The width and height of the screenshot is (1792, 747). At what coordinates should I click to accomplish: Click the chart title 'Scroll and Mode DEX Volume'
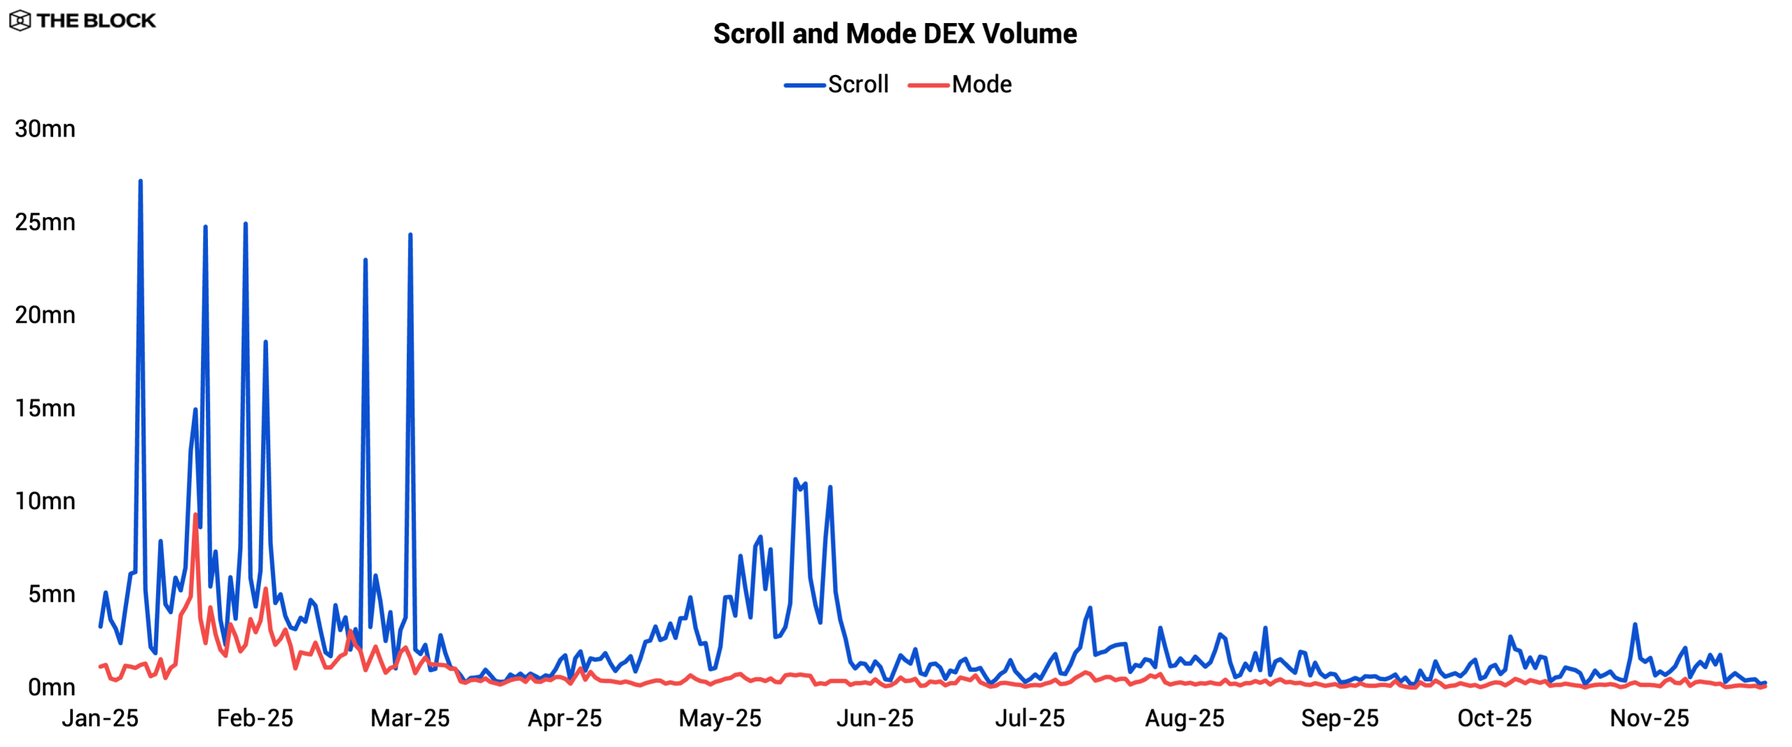(895, 34)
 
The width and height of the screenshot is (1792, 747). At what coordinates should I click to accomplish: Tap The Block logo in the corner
(83, 20)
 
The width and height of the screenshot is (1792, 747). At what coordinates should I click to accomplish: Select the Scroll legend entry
(837, 85)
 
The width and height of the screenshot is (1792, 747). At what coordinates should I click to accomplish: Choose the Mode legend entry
(960, 85)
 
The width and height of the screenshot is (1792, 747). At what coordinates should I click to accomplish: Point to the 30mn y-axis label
(45, 129)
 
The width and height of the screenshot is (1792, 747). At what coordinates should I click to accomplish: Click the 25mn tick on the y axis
(45, 222)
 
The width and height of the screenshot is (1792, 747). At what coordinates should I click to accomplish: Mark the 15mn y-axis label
(45, 408)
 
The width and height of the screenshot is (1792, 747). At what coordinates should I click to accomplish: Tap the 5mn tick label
(51, 594)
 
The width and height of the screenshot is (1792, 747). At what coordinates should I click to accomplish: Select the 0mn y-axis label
(51, 687)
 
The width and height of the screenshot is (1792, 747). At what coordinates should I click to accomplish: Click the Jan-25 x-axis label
(100, 718)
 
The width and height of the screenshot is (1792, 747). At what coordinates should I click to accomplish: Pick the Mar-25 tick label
(410, 718)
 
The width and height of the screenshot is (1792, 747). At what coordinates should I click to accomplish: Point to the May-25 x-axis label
(720, 718)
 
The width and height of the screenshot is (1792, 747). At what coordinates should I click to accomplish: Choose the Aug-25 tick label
(1184, 718)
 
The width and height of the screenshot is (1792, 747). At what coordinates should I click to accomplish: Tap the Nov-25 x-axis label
(1649, 718)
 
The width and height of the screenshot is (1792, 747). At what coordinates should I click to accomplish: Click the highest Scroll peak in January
(141, 181)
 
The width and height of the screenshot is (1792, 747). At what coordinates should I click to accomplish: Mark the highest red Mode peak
(195, 515)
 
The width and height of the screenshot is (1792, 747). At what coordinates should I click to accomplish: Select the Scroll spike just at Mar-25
(410, 235)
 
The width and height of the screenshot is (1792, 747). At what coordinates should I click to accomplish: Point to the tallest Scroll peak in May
(795, 480)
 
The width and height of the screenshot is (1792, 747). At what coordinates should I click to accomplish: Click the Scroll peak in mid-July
(1090, 608)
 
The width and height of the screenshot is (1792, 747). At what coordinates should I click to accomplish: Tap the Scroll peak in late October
(1635, 624)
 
